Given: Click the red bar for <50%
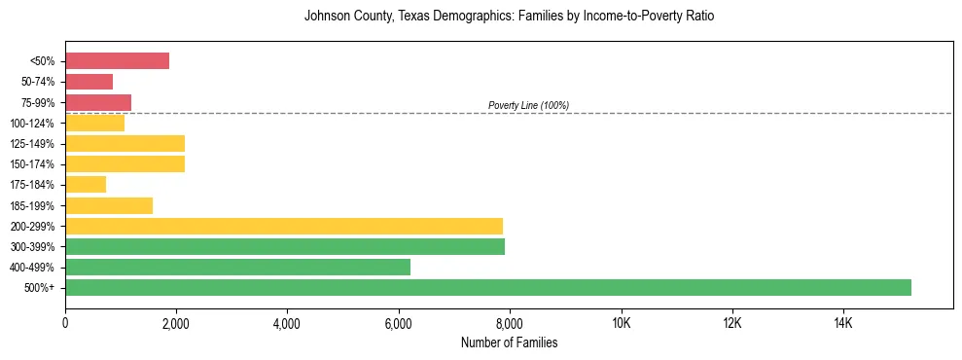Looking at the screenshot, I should (x=117, y=61).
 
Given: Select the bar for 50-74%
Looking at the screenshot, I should (x=89, y=82).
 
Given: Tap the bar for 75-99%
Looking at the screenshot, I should (x=98, y=102).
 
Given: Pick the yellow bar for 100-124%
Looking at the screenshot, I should (x=94, y=123).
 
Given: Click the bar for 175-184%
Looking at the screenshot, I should (x=86, y=184).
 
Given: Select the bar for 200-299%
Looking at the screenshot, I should (x=284, y=226).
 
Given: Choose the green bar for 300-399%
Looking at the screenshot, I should (x=285, y=246).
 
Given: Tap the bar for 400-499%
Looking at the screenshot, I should (x=237, y=267).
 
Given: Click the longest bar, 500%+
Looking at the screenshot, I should (x=488, y=287).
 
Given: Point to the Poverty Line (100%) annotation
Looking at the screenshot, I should (x=528, y=105).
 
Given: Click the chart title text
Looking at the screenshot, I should (x=509, y=17).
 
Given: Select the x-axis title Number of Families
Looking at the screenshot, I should (x=509, y=342).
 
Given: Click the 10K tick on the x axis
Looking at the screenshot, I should (x=621, y=324).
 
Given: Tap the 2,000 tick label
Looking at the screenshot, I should (x=176, y=324).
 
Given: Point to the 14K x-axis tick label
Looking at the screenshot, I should (x=842, y=324).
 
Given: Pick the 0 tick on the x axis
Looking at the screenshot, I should (x=65, y=324).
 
